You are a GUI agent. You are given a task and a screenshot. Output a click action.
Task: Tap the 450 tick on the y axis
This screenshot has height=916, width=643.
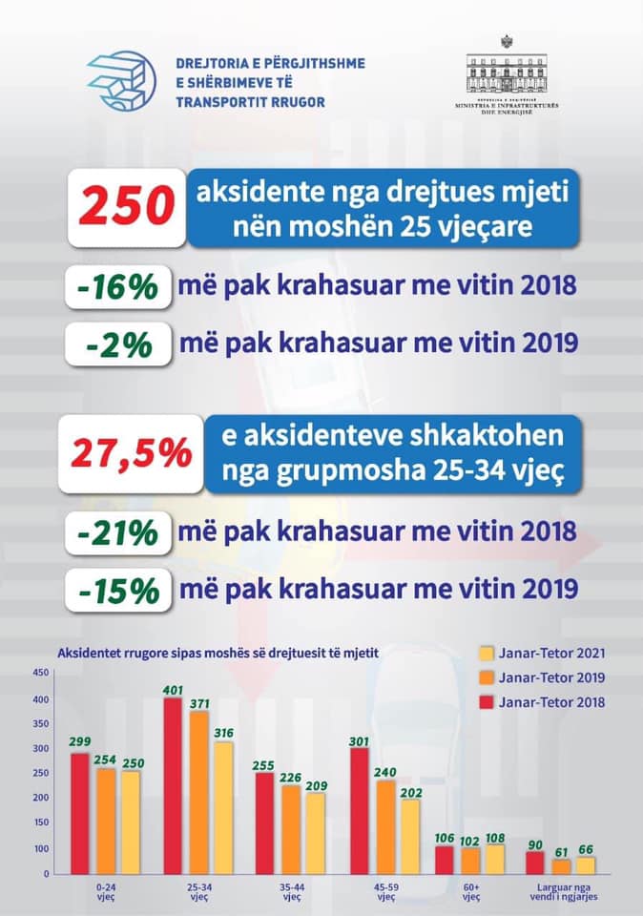(x=40, y=673)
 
